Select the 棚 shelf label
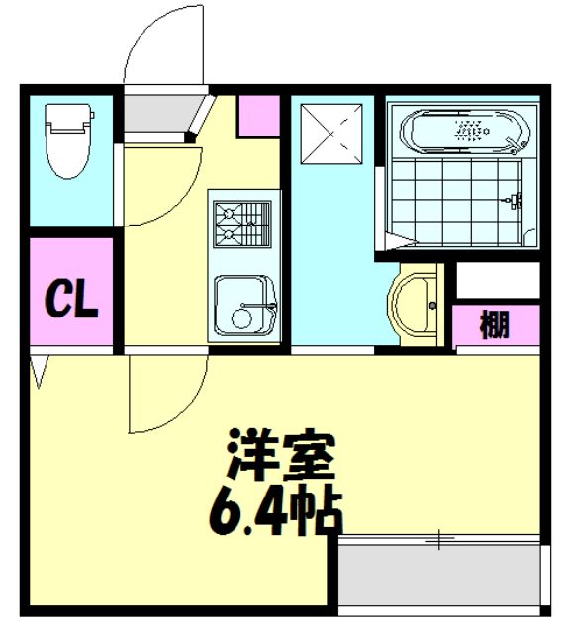click(x=497, y=324)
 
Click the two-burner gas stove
click(x=240, y=224)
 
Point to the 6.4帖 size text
click(x=272, y=508)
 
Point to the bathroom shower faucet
click(x=514, y=201)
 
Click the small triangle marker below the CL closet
click(x=40, y=372)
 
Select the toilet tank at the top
click(x=68, y=119)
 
